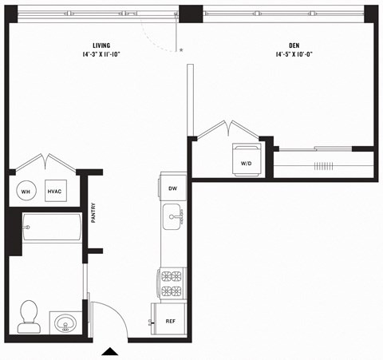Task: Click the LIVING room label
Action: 101,45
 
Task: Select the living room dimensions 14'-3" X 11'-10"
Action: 101,55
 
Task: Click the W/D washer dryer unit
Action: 246,158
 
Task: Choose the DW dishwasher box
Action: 172,188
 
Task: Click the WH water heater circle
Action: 25,192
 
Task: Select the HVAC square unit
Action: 55,192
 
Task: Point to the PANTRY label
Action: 93,212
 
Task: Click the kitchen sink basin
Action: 172,216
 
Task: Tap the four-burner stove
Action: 172,284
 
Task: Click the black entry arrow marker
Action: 110,350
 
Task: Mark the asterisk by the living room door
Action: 181,50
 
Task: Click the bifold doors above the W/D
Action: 228,129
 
